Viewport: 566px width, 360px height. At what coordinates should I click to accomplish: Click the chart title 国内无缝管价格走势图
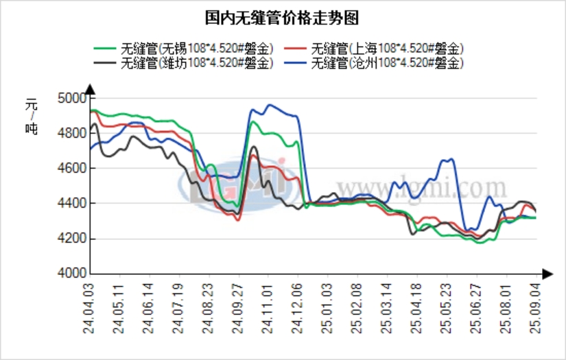point(282,16)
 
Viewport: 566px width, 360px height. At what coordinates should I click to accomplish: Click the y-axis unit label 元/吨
point(32,117)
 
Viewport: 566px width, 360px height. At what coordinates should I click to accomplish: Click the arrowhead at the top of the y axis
point(89,88)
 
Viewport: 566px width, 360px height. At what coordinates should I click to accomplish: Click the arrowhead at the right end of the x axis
point(547,274)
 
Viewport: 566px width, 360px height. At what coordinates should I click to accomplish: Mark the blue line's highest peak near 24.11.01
point(270,105)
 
